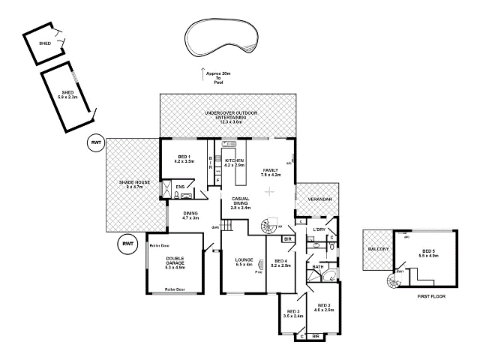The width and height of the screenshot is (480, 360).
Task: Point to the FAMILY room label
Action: coord(270,172)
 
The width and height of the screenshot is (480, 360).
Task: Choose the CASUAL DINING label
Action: coord(240,202)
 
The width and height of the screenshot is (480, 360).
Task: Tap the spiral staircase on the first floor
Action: coord(392,282)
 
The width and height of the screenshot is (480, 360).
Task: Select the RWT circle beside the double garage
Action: coord(127,244)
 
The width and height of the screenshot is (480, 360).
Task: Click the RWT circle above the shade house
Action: coord(96,142)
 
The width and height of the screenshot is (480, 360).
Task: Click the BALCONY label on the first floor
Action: coord(375,250)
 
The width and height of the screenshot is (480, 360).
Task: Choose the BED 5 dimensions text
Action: coord(428,256)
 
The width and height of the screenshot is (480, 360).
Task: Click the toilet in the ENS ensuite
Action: coord(175,196)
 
